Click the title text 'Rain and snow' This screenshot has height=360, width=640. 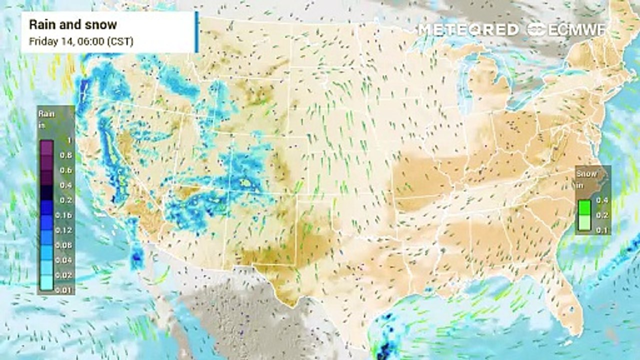[x=73, y=24]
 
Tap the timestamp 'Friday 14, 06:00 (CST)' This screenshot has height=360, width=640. [x=81, y=41]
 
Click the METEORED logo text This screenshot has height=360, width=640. [x=468, y=29]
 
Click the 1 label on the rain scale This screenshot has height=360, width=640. [x=69, y=140]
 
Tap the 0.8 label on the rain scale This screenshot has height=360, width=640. [x=66, y=155]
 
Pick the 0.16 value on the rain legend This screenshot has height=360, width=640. [x=65, y=215]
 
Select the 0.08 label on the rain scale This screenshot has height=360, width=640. [x=65, y=245]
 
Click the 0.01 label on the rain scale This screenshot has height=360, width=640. [x=65, y=290]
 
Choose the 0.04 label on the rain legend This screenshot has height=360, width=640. [x=65, y=260]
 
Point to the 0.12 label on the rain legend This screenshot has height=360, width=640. [x=65, y=230]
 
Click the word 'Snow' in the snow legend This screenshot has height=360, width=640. [x=587, y=174]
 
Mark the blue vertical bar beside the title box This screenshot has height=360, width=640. [x=197, y=32]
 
